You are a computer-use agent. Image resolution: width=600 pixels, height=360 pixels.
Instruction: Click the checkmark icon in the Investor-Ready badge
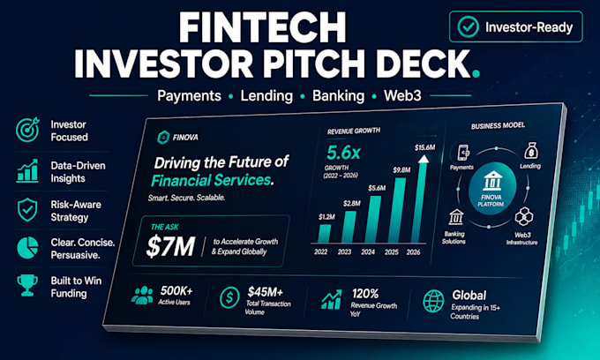pos(468,26)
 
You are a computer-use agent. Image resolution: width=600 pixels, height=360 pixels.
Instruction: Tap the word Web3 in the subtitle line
pos(402,95)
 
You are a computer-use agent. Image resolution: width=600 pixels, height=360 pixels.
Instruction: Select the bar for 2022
pos(325,233)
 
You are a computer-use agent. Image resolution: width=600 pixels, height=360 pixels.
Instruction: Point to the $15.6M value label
pos(424,147)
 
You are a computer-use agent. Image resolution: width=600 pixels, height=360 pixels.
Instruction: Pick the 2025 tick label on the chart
pos(392,252)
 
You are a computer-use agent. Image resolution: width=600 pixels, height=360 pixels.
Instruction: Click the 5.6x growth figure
pos(343,153)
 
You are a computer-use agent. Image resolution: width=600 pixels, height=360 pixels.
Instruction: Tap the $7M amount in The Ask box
pos(170,246)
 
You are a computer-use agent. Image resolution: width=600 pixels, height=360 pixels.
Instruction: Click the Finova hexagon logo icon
pos(163,138)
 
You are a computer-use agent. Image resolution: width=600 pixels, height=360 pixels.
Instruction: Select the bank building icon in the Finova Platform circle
pos(492,181)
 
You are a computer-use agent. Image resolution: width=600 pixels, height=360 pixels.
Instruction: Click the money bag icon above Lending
pos(531,151)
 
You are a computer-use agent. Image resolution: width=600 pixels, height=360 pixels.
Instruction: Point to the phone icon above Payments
pos(463,153)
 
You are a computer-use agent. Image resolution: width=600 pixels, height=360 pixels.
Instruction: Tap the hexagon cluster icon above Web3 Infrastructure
pos(523,217)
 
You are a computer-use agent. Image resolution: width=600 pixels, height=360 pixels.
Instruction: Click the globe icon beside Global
pos(433,301)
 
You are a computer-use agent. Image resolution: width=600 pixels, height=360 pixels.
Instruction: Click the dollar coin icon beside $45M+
pos(229,297)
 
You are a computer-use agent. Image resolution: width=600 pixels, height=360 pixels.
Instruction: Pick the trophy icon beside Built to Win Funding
pos(27,285)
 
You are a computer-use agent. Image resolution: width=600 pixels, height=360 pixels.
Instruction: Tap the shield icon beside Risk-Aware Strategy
pos(27,210)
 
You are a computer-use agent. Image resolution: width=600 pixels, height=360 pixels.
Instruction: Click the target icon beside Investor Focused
pos(27,130)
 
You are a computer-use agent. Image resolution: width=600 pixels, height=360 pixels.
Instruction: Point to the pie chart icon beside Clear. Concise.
pos(27,248)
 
